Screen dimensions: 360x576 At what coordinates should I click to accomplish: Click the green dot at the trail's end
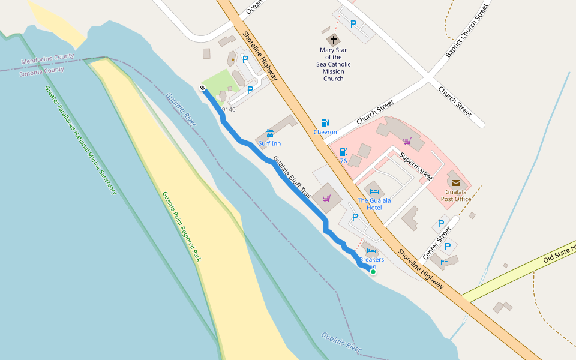(373, 272)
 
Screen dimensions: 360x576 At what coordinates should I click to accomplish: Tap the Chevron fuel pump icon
(325, 123)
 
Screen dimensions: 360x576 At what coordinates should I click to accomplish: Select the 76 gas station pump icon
(343, 152)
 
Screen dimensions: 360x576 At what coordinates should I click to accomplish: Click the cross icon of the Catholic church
(334, 40)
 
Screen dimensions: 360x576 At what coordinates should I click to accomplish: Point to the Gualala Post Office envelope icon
(455, 182)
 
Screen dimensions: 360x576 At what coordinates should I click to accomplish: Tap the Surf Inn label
(269, 143)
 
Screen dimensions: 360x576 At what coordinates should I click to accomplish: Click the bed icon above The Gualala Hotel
(374, 191)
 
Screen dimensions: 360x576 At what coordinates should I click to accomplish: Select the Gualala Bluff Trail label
(292, 178)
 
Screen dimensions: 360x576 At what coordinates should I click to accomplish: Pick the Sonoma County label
(41, 71)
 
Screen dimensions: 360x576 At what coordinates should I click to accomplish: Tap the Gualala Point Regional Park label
(181, 227)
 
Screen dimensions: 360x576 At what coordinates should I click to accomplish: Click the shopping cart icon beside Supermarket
(407, 142)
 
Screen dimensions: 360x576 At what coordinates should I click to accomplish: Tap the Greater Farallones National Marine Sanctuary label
(80, 140)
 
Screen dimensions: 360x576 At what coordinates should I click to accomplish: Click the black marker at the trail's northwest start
(203, 88)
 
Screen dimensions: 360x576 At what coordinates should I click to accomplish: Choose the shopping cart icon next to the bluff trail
(326, 198)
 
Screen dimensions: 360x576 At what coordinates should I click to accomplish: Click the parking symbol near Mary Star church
(353, 25)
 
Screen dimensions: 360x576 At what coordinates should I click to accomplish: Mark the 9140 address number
(228, 109)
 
